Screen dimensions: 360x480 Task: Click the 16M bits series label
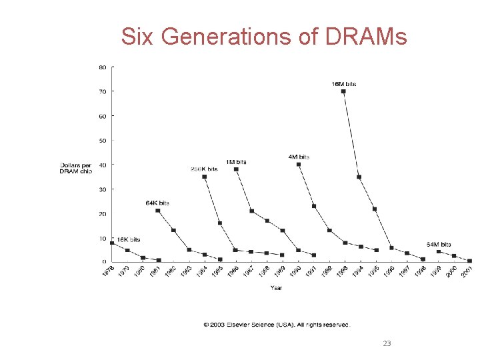[x=344, y=84]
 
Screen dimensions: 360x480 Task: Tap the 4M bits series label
[x=299, y=157]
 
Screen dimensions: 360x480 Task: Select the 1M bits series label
[x=235, y=162]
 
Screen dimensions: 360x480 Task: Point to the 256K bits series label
[x=204, y=169]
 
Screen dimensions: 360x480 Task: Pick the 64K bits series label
[x=157, y=203]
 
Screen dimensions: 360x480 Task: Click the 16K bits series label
[x=129, y=239]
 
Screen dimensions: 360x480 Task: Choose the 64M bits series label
[x=439, y=245]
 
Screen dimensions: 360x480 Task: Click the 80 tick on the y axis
[x=103, y=67]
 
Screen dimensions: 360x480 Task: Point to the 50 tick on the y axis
[x=103, y=141]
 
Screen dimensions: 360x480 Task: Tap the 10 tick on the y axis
[x=103, y=238]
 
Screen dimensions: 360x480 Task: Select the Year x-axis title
[x=276, y=287]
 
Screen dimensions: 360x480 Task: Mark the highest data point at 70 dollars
[x=343, y=91]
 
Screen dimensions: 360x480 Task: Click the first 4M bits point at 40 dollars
[x=298, y=164]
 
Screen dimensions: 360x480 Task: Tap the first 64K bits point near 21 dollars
[x=157, y=211]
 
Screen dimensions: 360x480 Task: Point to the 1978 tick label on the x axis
[x=108, y=272]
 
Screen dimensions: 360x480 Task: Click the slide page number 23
[x=387, y=343]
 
